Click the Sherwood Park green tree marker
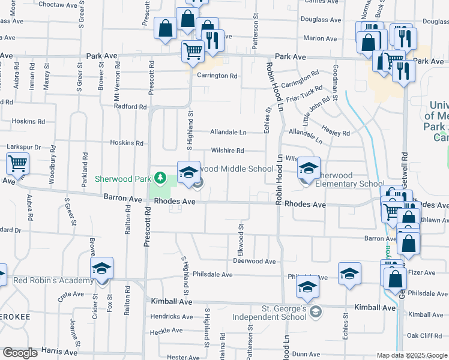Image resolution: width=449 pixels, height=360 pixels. click(x=160, y=178)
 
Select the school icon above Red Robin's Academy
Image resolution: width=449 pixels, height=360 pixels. click(x=101, y=268)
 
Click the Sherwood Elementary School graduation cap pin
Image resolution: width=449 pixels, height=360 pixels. click(x=309, y=168)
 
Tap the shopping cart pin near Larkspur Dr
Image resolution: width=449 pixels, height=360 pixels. click(x=18, y=163)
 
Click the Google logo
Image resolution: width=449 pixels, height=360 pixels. click(x=20, y=353)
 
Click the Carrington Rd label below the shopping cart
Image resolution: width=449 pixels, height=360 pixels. click(x=218, y=76)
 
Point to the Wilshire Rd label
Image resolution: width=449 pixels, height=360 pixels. click(x=227, y=151)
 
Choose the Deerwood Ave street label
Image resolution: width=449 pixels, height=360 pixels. click(x=254, y=262)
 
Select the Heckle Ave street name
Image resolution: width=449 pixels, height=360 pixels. click(x=166, y=331)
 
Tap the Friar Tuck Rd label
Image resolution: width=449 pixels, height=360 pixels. click(x=304, y=92)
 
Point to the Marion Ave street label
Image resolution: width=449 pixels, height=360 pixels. click(x=320, y=38)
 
